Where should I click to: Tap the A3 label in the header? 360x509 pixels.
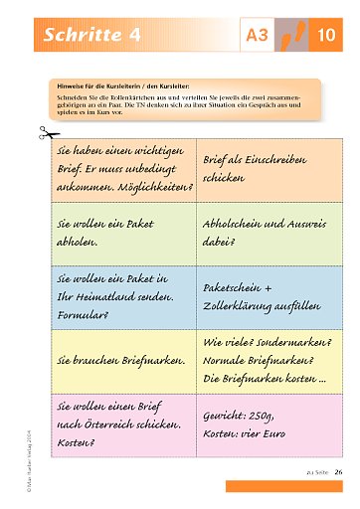click(257, 38)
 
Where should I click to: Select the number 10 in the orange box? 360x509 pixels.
click(327, 38)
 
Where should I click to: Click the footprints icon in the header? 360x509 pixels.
click(291, 37)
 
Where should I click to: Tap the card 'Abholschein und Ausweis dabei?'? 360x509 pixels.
click(267, 233)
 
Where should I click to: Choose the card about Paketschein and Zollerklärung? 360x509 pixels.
click(267, 296)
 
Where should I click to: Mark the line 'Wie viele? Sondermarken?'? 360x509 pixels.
click(267, 343)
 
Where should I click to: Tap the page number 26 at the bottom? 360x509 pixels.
click(338, 471)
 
